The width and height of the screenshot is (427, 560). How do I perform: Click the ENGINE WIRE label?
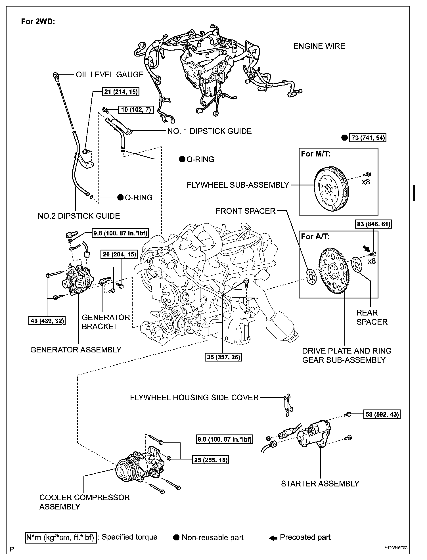click(x=319, y=46)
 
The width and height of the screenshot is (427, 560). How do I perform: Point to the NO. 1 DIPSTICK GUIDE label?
click(x=210, y=131)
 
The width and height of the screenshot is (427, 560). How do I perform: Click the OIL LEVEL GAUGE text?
click(x=110, y=74)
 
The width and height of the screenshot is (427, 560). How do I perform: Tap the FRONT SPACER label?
click(x=246, y=211)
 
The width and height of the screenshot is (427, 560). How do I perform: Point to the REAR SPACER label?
click(x=372, y=317)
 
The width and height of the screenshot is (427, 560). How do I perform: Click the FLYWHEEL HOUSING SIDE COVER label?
click(x=194, y=397)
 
